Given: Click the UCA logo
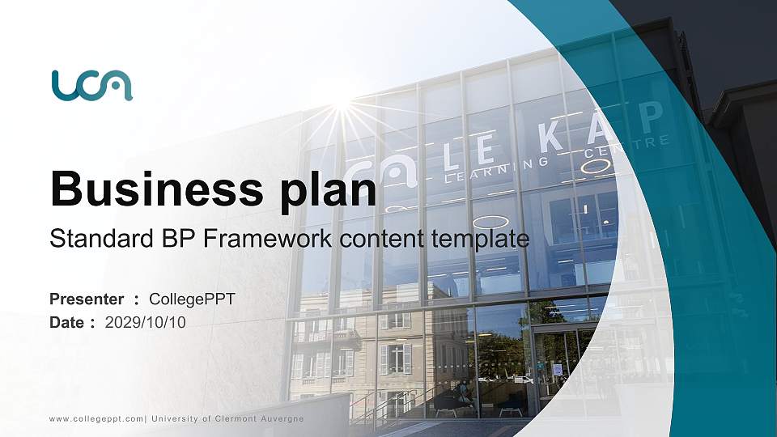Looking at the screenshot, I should point(91,85).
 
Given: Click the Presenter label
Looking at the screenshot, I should point(87,299).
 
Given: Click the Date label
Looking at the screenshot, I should point(68,322).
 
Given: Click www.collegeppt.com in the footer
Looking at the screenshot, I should point(96,418).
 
